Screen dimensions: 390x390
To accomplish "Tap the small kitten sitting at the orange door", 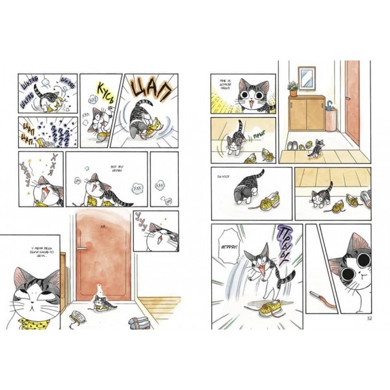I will [99, 300].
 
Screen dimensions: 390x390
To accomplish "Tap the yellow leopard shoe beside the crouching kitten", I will [270, 203].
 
